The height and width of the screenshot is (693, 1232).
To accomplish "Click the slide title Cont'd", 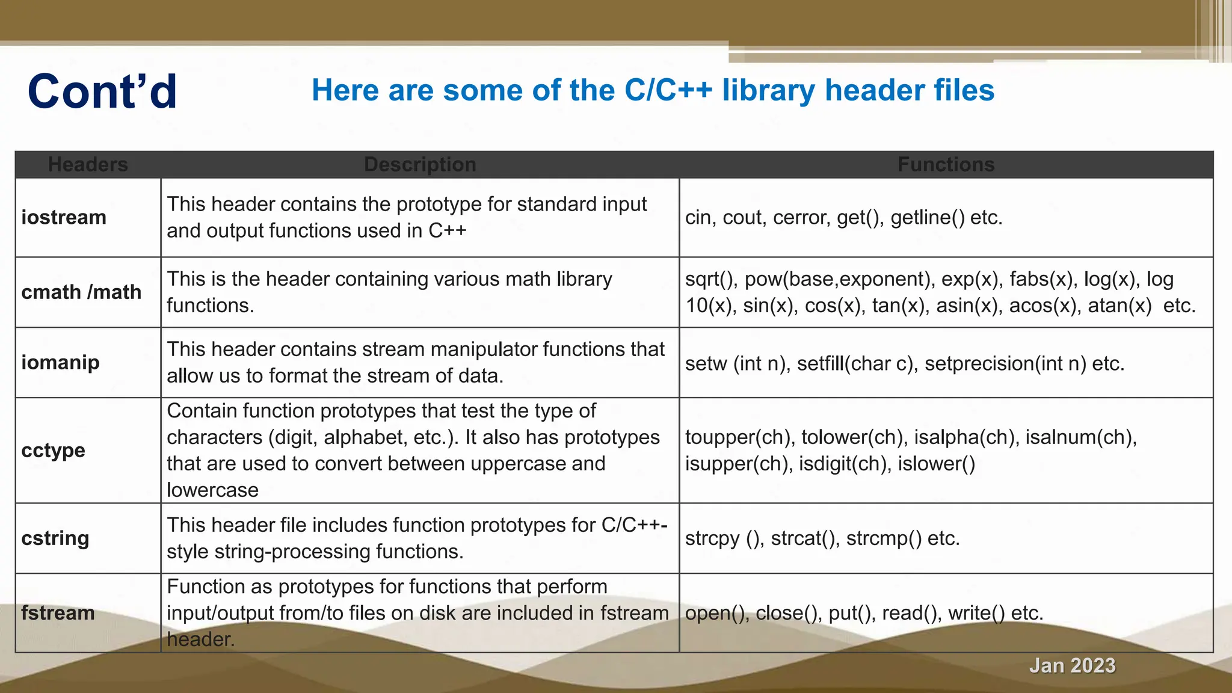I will click(x=102, y=91).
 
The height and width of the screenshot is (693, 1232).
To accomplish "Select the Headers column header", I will click(x=88, y=164).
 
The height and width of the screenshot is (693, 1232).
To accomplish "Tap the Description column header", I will click(x=420, y=164).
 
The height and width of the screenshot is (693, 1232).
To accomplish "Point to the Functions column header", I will click(x=946, y=164).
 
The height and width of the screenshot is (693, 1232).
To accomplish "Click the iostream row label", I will click(x=64, y=217).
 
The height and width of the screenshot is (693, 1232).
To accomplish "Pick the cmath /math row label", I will click(x=81, y=292).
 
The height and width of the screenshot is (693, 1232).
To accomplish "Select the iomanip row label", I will click(x=60, y=362).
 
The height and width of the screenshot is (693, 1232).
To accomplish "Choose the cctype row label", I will click(x=53, y=450).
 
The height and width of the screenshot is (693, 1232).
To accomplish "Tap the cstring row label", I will click(x=55, y=538).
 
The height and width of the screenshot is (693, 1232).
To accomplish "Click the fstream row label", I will click(x=58, y=612).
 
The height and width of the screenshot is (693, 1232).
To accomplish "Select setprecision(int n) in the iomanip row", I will click(x=1005, y=363).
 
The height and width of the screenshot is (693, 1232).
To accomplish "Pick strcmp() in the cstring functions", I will click(x=884, y=538).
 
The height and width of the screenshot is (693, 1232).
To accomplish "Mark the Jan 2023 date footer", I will click(x=1072, y=665).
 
